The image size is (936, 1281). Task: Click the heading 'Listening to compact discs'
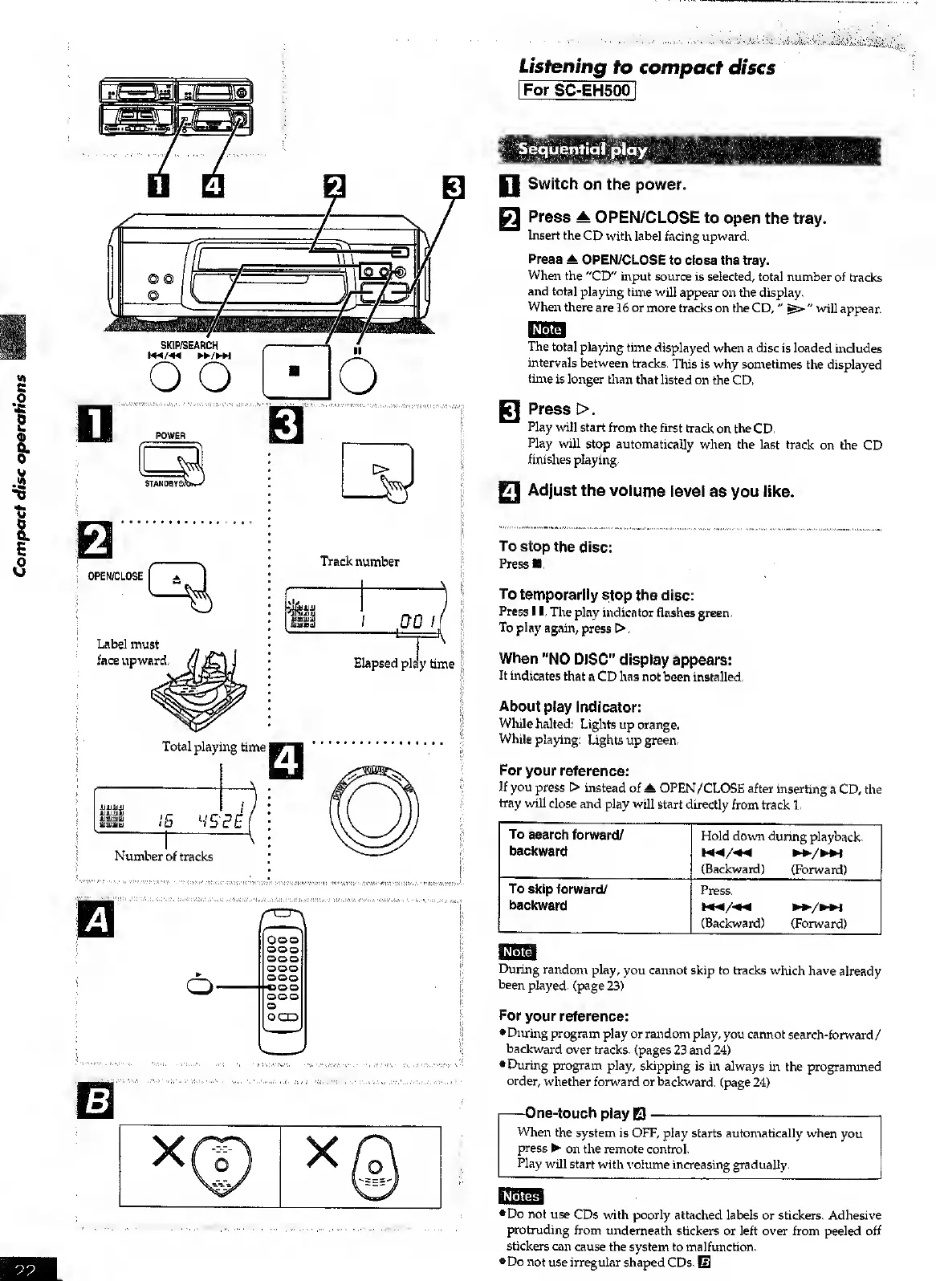tap(646, 67)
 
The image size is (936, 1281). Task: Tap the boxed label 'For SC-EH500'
tap(577, 90)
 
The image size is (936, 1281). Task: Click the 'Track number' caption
tap(360, 562)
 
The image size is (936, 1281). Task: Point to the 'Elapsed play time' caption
tap(404, 664)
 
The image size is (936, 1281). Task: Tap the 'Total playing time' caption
tap(214, 747)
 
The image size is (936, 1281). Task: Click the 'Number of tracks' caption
tap(164, 856)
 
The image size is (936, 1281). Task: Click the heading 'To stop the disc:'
tap(555, 547)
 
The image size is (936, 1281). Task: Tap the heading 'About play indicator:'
tap(570, 707)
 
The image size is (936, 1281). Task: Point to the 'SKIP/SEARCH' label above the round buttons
tap(189, 346)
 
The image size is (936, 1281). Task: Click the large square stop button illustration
tap(295, 371)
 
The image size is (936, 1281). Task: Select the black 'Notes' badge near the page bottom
tap(520, 1197)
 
